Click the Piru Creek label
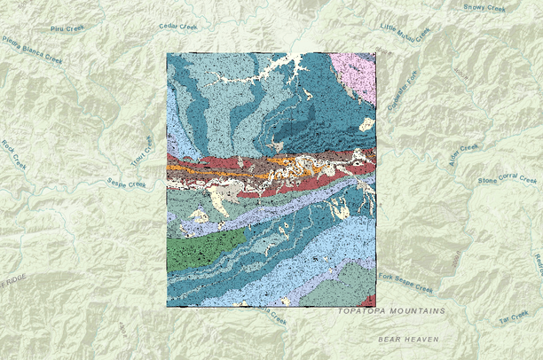(67, 28)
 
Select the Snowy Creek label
(484, 7)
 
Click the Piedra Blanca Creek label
(32, 51)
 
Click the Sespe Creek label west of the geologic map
(123, 184)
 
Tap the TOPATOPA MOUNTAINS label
(391, 312)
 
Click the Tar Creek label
(513, 317)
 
